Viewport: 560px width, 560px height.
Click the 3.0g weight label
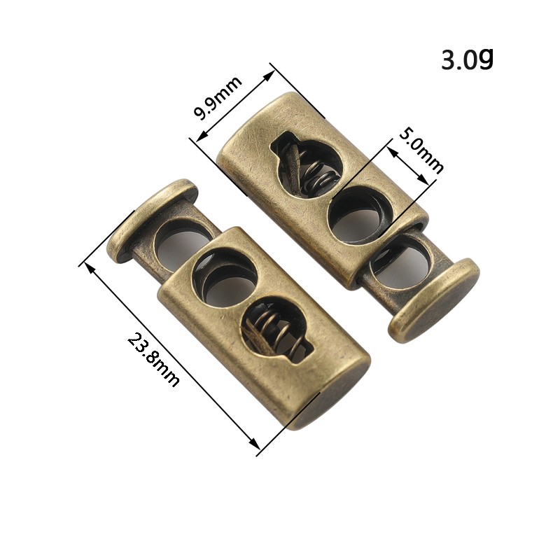tap(467, 59)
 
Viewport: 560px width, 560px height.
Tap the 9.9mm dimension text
tap(218, 98)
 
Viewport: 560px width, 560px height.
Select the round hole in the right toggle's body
tap(360, 213)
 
